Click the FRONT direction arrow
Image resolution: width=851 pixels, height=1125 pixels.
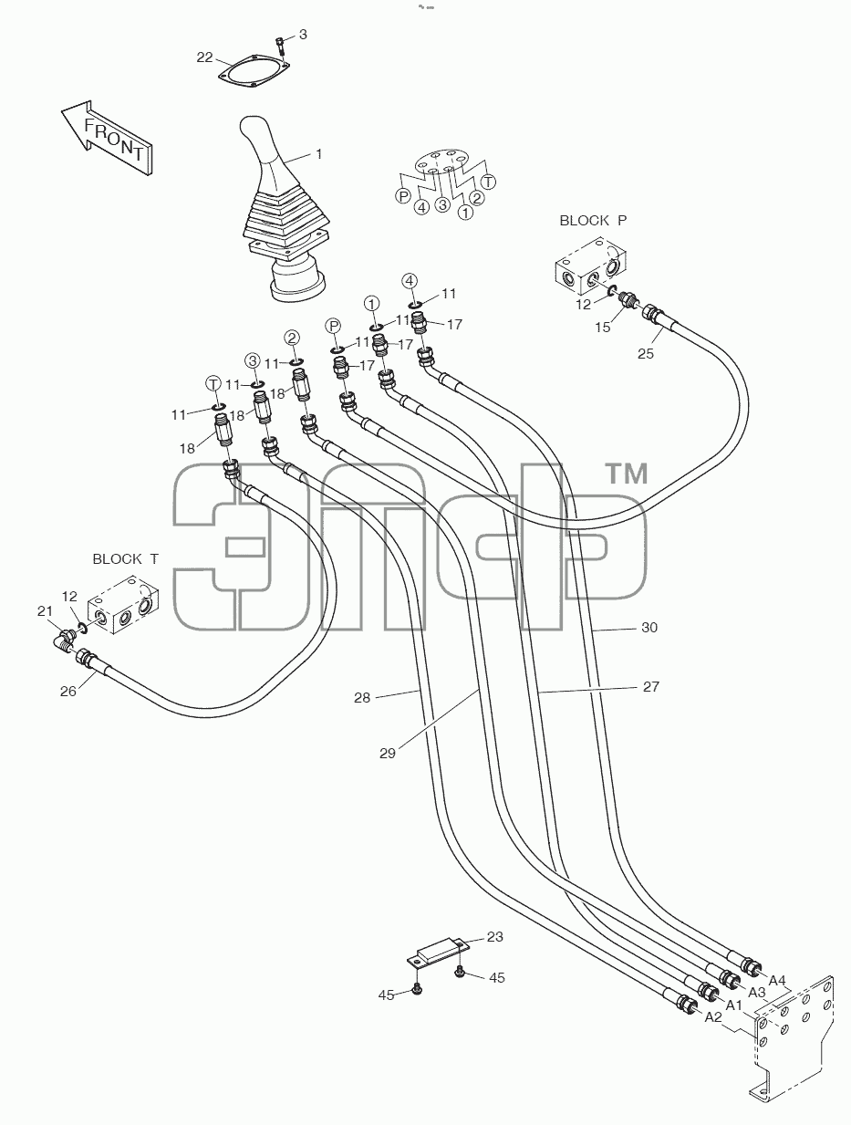tap(106, 139)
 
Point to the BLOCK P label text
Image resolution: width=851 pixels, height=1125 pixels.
tap(593, 221)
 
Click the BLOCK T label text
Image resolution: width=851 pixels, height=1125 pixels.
tap(126, 558)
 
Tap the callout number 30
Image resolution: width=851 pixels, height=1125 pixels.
tap(649, 628)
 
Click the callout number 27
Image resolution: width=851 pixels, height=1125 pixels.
tap(650, 686)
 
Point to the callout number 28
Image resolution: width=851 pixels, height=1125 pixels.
tap(362, 698)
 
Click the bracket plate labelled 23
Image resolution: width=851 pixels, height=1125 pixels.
tap(439, 955)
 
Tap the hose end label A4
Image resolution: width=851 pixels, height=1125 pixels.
tap(777, 980)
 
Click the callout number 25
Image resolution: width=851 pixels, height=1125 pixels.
tap(646, 354)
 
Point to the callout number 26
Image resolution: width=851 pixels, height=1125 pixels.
tap(68, 692)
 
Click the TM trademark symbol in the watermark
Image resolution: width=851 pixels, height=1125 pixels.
tap(628, 473)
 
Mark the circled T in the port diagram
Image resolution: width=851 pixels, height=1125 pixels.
tap(489, 182)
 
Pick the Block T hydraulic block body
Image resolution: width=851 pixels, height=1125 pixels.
tap(123, 605)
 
